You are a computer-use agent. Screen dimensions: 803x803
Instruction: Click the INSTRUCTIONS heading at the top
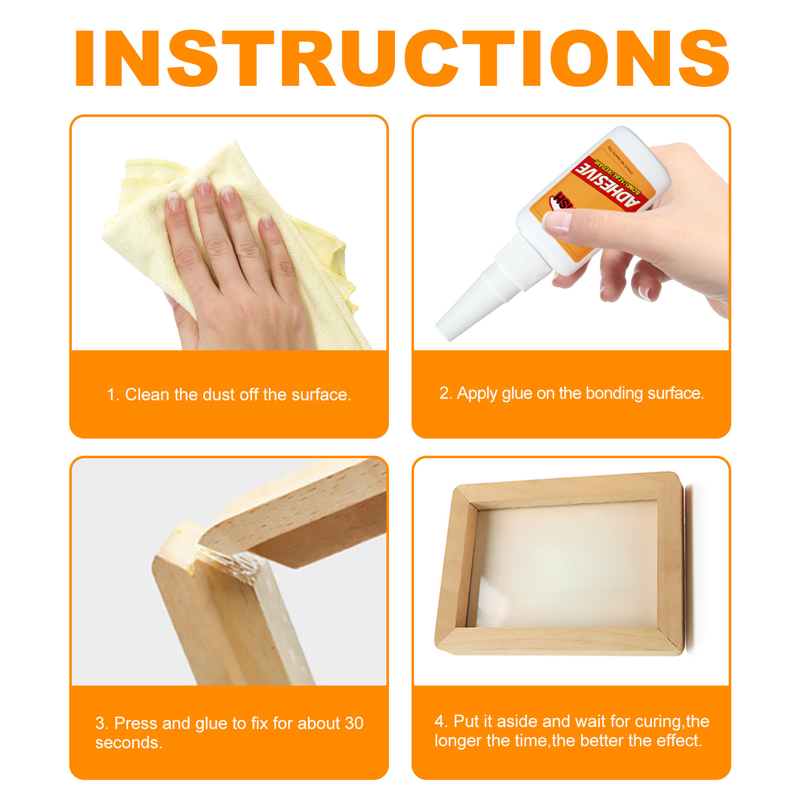(401, 59)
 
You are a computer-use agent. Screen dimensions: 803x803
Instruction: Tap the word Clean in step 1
(147, 394)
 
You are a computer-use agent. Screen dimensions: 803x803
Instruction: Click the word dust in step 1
(218, 394)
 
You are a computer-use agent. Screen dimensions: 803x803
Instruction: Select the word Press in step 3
(136, 723)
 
